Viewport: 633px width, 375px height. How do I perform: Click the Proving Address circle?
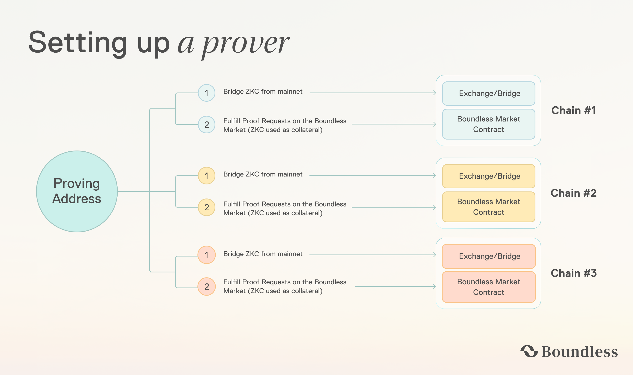[x=77, y=191]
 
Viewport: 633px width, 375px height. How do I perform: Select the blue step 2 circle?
[x=206, y=125]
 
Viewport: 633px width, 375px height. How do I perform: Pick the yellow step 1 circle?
[x=206, y=176]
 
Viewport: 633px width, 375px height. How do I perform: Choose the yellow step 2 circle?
[x=206, y=207]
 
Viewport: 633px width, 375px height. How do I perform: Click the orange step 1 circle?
[x=206, y=255]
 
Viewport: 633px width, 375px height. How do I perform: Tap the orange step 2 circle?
[x=206, y=287]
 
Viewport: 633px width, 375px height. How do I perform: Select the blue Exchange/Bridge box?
[x=489, y=94]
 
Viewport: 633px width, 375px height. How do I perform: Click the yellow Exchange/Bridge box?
[x=489, y=176]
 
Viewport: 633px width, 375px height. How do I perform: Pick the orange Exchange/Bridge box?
[x=489, y=256]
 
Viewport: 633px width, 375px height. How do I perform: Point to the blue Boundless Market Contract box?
[x=489, y=124]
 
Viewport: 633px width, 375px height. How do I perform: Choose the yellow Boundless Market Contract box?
[x=489, y=207]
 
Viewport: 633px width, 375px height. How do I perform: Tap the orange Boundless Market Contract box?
[x=489, y=287]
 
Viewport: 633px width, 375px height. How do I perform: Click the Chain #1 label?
[x=573, y=110]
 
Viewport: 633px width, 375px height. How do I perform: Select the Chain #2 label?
[x=573, y=193]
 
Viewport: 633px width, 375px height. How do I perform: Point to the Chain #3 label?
[x=573, y=273]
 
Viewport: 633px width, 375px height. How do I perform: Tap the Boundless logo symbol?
[x=529, y=351]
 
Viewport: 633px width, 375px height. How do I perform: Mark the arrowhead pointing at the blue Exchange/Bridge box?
[x=435, y=93]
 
